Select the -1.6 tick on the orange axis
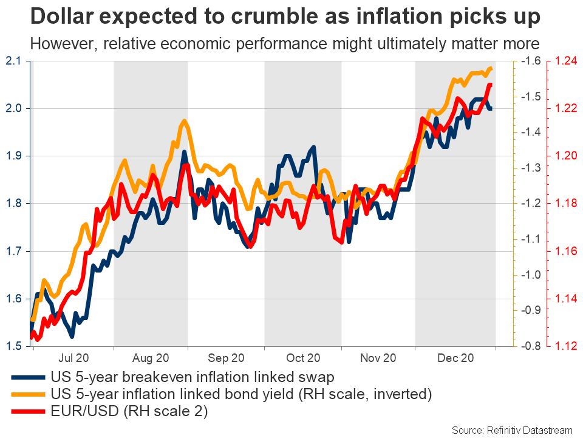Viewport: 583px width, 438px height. (x=531, y=61)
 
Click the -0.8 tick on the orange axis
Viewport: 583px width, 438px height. (x=531, y=346)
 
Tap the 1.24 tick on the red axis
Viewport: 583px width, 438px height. (x=564, y=61)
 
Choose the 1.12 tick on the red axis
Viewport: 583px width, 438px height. (x=564, y=346)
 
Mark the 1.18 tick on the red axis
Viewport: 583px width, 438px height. (x=564, y=203)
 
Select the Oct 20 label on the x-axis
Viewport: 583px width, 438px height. (x=303, y=358)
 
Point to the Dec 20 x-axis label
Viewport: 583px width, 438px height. (x=454, y=358)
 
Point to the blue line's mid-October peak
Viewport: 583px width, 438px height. (x=313, y=147)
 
